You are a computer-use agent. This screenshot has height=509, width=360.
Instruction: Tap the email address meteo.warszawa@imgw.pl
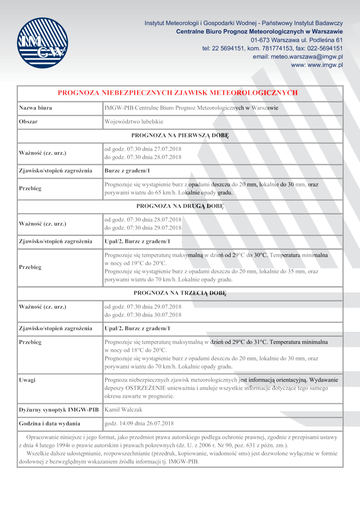click(x=298, y=57)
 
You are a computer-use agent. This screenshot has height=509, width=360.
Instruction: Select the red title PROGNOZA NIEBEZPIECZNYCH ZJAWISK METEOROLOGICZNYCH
click(x=178, y=93)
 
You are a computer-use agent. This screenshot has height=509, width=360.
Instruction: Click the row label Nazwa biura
click(x=35, y=108)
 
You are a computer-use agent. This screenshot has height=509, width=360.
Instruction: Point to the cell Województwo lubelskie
click(x=134, y=121)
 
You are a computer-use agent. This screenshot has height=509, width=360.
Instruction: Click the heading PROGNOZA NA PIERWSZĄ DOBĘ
click(x=180, y=135)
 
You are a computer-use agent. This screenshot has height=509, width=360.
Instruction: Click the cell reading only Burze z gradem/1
click(x=127, y=171)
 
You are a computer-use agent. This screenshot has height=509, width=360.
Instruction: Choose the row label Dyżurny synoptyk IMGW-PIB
click(x=59, y=410)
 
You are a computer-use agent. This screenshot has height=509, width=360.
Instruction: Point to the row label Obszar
click(x=28, y=121)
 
